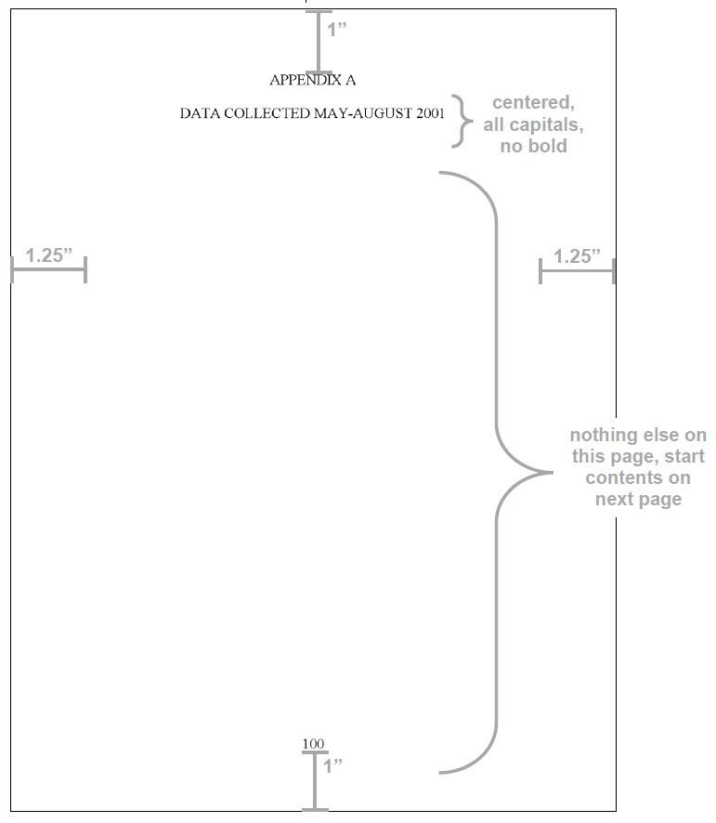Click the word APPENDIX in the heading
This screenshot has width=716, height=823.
pyautogui.click(x=301, y=81)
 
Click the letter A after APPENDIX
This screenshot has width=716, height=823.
pyautogui.click(x=351, y=81)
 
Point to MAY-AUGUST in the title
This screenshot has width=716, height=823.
pyautogui.click(x=363, y=114)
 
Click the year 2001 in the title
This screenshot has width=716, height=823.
pyautogui.click(x=431, y=114)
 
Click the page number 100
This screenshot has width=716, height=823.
pyautogui.click(x=313, y=744)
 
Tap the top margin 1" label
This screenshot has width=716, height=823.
pyautogui.click(x=336, y=29)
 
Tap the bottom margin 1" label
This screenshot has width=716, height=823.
pyautogui.click(x=332, y=766)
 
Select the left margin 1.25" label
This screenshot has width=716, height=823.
pyautogui.click(x=48, y=255)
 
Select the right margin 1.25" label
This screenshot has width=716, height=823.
pyautogui.click(x=577, y=256)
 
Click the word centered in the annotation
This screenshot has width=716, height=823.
pyautogui.click(x=533, y=102)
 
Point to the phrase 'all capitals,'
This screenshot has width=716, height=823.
pyautogui.click(x=533, y=124)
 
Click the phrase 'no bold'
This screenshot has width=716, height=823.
pyautogui.click(x=533, y=146)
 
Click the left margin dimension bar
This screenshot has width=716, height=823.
pyautogui.click(x=48, y=270)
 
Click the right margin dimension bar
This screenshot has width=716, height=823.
pyautogui.click(x=577, y=271)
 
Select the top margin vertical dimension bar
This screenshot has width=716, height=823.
pyautogui.click(x=319, y=42)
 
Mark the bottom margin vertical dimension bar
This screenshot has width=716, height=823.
pyautogui.click(x=315, y=781)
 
